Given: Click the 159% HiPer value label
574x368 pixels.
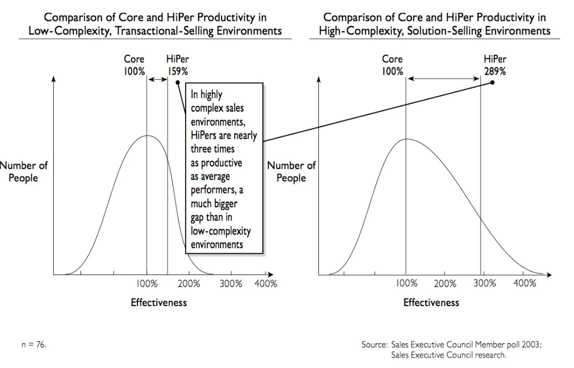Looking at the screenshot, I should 177,71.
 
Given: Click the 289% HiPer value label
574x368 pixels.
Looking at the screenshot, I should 495,71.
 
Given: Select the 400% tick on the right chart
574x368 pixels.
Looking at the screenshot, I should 525,283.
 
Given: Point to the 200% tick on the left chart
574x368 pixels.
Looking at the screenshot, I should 189,283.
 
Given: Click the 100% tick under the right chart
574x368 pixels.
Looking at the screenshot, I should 406,283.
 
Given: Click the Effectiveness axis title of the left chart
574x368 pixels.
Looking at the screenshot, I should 159,302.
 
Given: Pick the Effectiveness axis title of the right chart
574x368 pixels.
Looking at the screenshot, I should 431,302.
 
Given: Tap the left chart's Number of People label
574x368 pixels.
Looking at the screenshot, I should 24,172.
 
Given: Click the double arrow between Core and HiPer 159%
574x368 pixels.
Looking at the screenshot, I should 158,79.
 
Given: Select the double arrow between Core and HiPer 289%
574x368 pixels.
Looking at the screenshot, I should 443,79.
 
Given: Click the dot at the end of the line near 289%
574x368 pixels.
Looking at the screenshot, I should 492,83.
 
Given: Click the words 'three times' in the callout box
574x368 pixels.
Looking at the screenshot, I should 212,149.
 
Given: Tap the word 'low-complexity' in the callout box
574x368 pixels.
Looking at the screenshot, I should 221,231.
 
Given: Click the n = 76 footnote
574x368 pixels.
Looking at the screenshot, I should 34,345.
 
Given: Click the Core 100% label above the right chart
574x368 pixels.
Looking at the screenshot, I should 392,65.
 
